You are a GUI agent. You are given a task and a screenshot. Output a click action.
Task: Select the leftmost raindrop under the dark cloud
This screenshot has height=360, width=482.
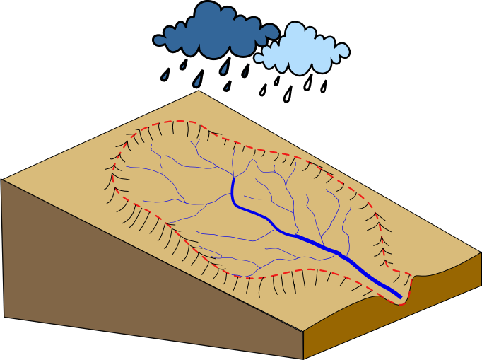click(166, 74)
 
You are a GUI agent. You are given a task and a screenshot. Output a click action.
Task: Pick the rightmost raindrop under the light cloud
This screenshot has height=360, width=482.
click(324, 86)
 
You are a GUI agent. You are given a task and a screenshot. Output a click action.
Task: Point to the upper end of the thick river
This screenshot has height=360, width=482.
click(233, 177)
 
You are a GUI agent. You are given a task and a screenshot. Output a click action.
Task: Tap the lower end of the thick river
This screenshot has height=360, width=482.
click(401, 296)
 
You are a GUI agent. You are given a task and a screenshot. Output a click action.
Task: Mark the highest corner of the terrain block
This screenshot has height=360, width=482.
click(198, 90)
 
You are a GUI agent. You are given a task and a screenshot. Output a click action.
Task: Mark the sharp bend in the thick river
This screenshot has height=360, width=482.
click(237, 204)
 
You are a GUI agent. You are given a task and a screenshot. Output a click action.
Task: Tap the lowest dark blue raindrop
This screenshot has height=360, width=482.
click(228, 86)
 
